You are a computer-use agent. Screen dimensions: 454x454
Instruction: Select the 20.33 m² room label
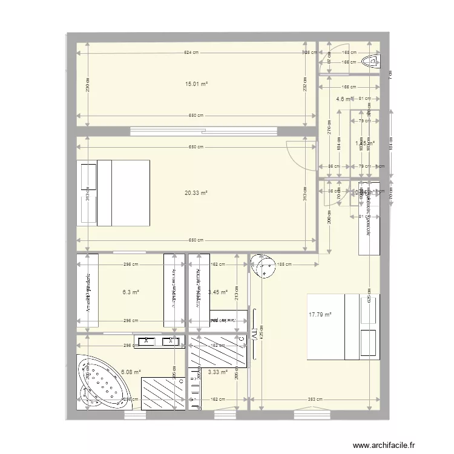point(196,193)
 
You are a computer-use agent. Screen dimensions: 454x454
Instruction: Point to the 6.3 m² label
point(131,292)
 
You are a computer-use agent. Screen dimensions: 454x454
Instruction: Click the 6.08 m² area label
point(131,372)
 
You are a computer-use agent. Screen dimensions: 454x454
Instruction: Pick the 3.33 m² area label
point(217,372)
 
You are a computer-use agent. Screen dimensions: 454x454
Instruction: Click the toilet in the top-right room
point(370,61)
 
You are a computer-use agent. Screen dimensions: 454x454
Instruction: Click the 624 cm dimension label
point(192,53)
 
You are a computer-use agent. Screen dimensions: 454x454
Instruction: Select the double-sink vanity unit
point(161,342)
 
